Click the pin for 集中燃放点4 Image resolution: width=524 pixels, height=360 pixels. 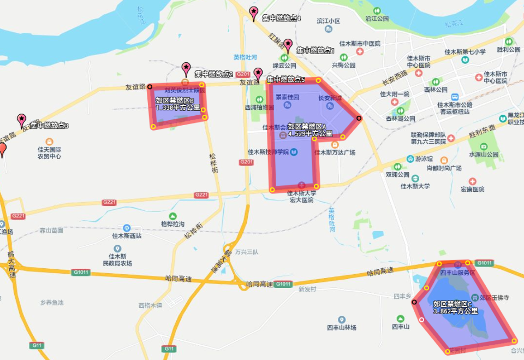[254, 13]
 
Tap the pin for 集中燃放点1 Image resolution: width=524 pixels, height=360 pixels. [288, 45]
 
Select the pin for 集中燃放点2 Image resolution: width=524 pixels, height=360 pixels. [186, 69]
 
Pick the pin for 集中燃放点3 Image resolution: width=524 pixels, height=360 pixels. [21, 120]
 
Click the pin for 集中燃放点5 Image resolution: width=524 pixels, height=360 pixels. [258, 74]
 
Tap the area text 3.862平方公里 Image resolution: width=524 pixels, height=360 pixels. [456, 311]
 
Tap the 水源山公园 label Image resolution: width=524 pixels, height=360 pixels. [484, 155]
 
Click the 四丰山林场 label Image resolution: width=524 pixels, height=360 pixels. [341, 328]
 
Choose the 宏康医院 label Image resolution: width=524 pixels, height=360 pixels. [472, 189]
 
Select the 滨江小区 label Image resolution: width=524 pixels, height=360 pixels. [328, 21]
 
